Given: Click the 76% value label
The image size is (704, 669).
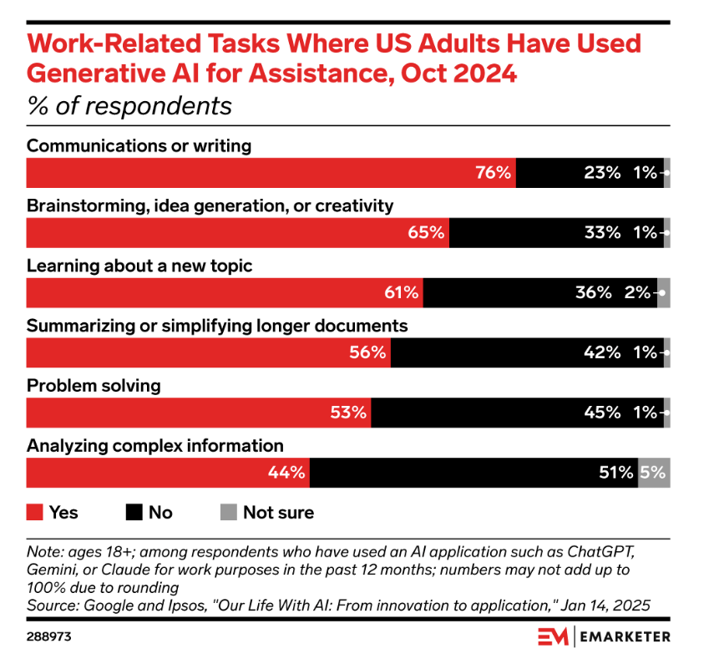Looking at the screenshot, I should [x=493, y=173].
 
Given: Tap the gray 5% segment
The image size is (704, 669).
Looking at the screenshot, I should [x=654, y=473].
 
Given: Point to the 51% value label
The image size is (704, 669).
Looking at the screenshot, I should [x=616, y=473].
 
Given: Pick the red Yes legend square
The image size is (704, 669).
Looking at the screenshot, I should [x=34, y=512].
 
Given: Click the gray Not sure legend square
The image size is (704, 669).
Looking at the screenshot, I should [x=228, y=512].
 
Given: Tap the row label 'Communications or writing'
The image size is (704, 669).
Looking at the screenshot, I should [x=139, y=146].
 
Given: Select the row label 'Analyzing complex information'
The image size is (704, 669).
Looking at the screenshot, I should [x=155, y=446].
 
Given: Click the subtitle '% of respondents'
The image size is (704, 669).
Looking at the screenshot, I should [x=129, y=107].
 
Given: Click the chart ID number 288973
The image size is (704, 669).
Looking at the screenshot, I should [x=49, y=637].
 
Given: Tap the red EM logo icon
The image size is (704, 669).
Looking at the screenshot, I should [x=554, y=637].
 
